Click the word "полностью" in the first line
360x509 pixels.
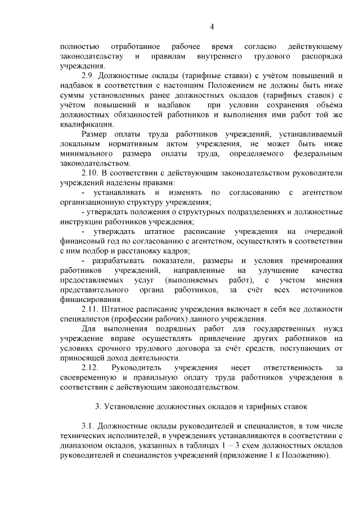pyautogui.click(x=80, y=46)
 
